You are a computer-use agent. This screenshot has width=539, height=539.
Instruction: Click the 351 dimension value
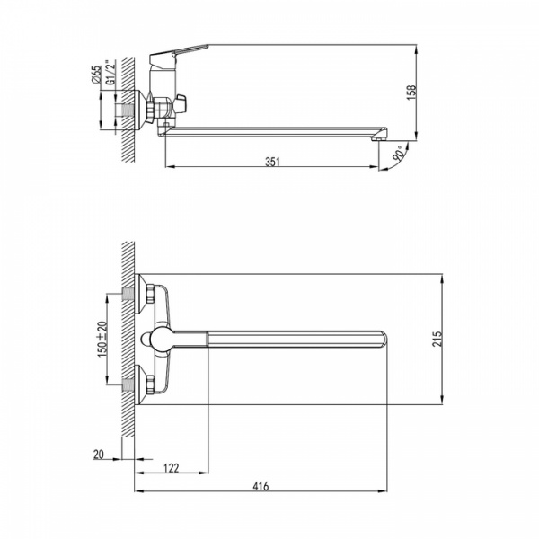click(272, 162)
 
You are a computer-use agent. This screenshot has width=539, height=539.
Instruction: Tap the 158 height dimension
click(411, 93)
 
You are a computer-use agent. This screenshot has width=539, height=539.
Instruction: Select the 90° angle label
click(399, 154)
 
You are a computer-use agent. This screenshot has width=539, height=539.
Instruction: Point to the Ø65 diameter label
click(97, 75)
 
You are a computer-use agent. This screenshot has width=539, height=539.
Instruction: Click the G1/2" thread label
click(110, 73)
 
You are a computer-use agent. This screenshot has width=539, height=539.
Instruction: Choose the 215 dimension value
click(437, 339)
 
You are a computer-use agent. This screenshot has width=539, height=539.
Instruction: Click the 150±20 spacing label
click(102, 339)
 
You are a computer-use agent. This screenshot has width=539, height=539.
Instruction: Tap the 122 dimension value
click(172, 468)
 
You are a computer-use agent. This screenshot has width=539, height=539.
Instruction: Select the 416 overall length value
click(261, 486)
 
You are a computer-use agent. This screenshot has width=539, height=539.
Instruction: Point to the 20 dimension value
click(98, 454)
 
